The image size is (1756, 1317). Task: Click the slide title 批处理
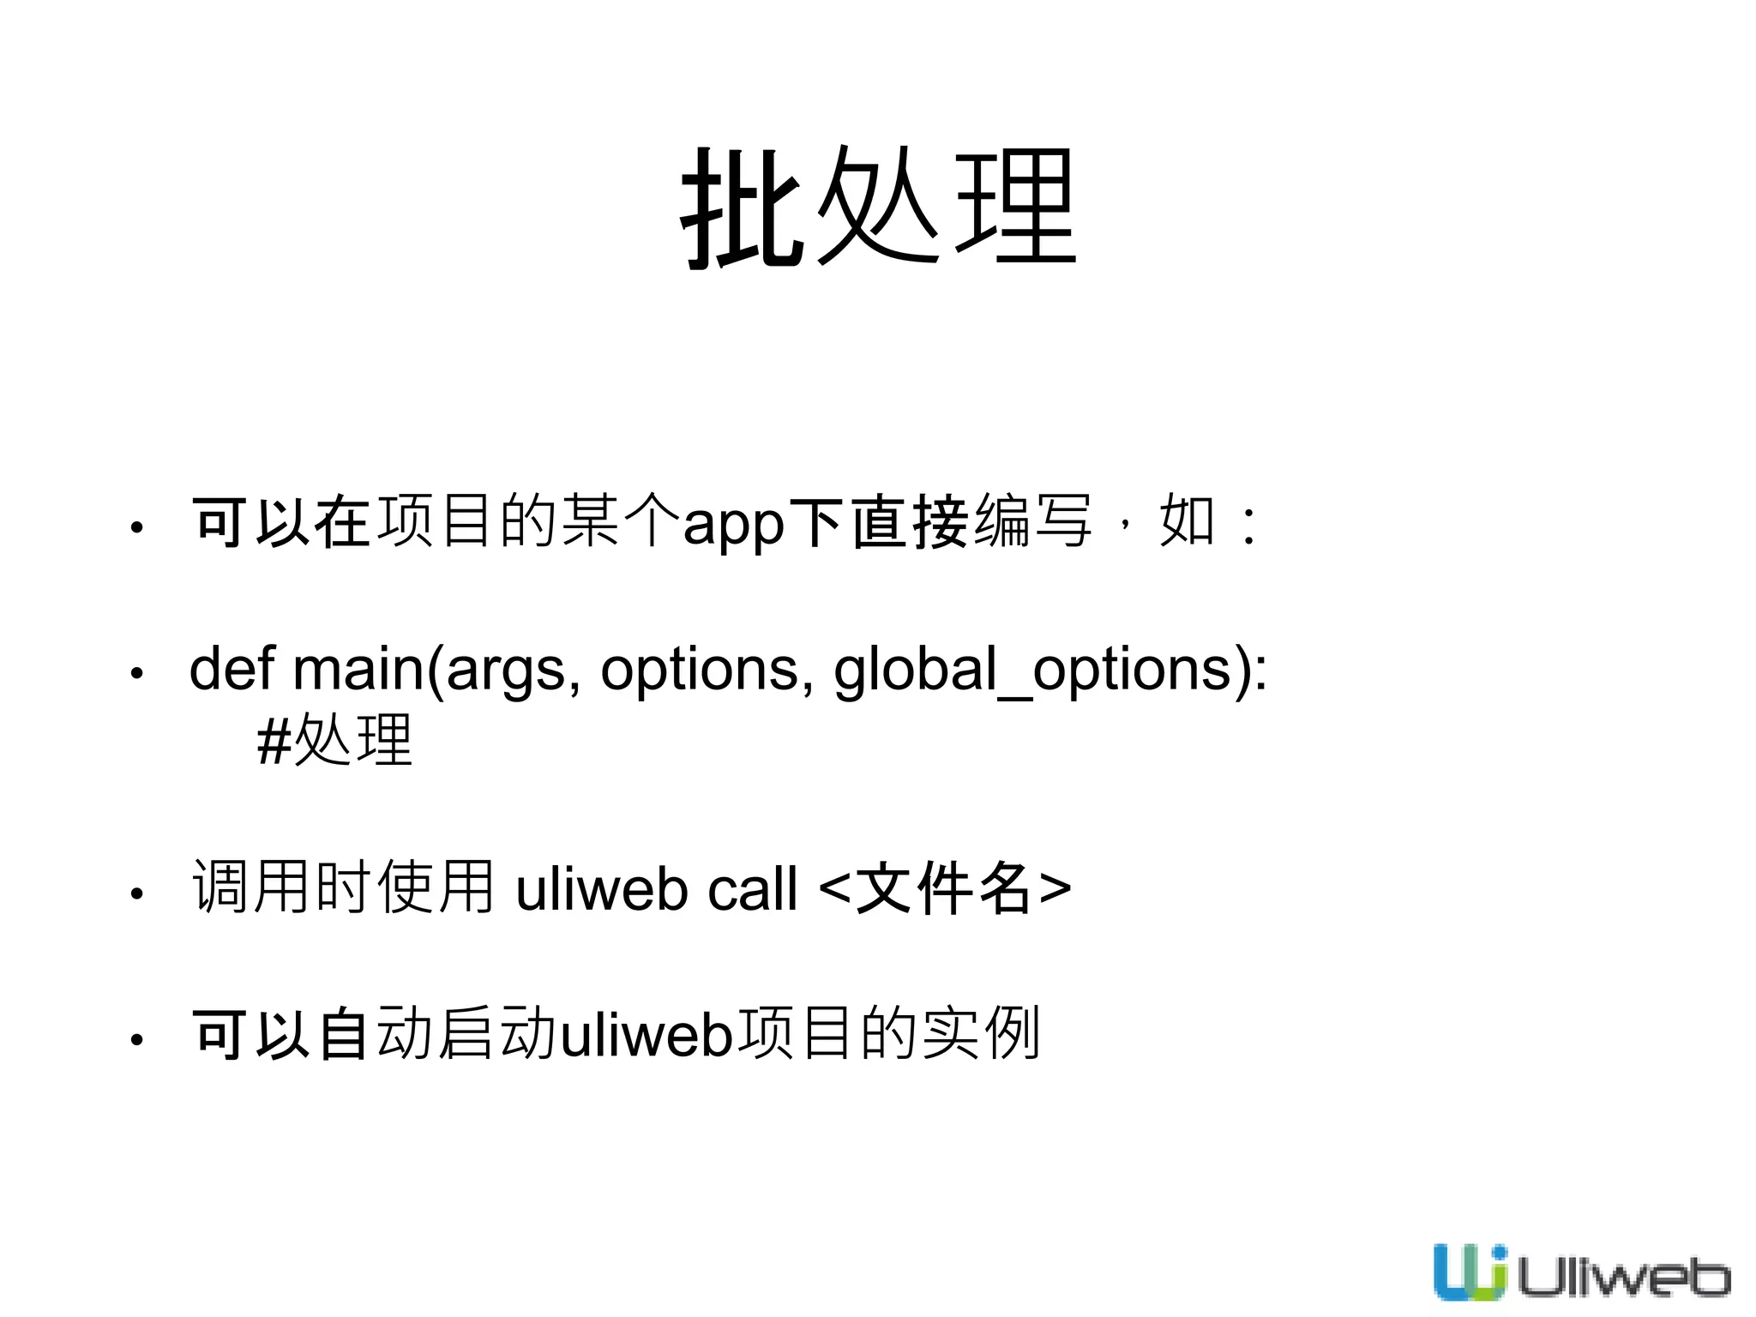point(878,208)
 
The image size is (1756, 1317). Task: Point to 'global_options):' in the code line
point(1050,670)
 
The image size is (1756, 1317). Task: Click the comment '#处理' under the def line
point(335,740)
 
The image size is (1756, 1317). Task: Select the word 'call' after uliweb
point(753,889)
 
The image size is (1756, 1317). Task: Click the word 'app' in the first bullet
point(733,523)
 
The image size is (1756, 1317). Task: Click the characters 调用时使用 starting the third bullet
point(343,887)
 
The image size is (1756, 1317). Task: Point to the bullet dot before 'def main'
point(136,673)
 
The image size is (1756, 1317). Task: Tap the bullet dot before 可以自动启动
point(136,1040)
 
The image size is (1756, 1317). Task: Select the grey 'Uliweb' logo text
point(1623,1278)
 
